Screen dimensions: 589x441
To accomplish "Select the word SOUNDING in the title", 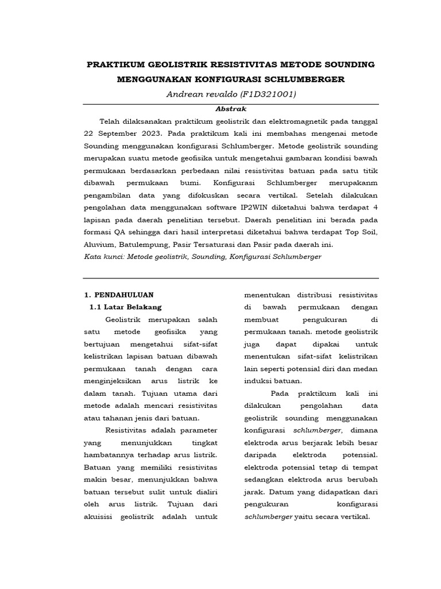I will pos(347,64).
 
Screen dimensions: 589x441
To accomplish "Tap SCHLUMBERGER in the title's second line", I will pos(306,79).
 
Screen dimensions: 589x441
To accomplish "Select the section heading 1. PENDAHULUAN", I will pos(119,295).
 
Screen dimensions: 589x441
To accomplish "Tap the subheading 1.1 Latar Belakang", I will pos(126,307).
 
